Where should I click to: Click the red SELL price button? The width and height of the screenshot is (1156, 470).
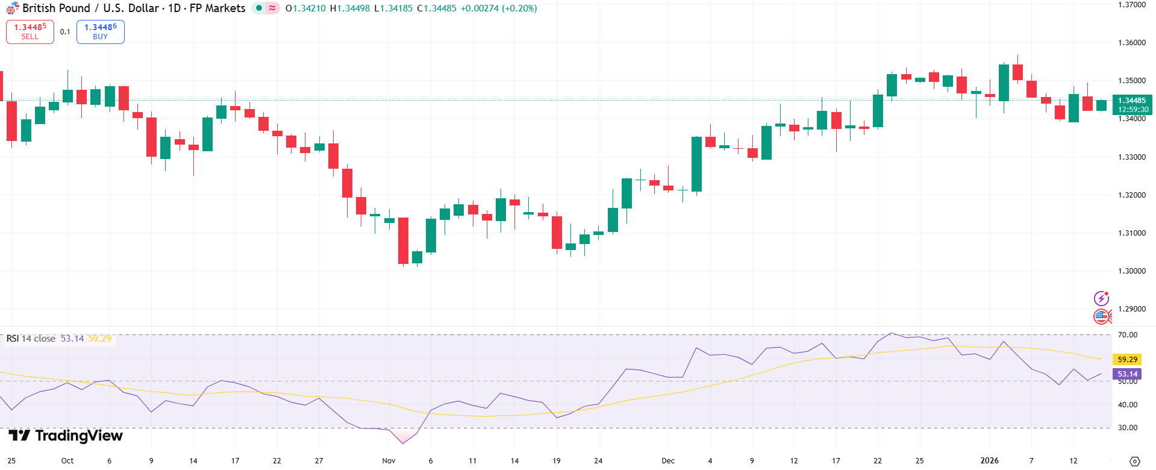(30, 31)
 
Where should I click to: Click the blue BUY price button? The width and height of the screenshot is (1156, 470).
(100, 31)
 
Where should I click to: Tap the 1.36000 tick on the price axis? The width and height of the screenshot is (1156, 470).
(1131, 43)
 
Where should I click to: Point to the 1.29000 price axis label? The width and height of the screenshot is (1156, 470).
(1131, 309)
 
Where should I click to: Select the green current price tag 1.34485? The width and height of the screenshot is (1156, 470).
(1132, 101)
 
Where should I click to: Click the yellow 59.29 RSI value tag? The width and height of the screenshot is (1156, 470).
(1127, 360)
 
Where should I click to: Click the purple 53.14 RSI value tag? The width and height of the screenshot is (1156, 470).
(1127, 374)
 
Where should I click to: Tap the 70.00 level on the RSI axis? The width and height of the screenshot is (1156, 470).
(1128, 335)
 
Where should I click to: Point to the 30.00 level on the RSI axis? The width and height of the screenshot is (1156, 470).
(1128, 428)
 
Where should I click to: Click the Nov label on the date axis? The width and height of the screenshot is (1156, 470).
(389, 461)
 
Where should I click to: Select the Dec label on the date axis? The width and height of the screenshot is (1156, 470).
(668, 461)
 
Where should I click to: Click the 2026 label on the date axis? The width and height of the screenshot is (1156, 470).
(989, 461)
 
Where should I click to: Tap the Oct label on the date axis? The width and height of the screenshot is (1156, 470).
(67, 461)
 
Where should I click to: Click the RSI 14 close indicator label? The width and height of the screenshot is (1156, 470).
(31, 339)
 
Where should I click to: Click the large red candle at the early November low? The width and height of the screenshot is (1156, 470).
(403, 240)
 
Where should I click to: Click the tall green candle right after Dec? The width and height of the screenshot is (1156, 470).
(696, 164)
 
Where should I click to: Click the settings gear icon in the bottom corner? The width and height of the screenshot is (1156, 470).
(1134, 461)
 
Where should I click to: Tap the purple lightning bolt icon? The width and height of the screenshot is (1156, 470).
(1101, 298)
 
